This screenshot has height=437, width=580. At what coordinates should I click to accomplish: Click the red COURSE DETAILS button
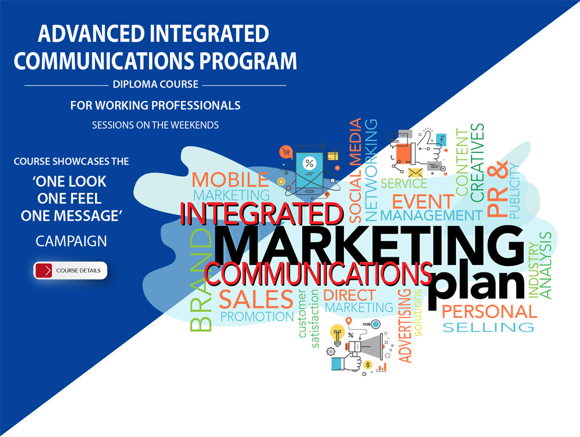tap(71, 271)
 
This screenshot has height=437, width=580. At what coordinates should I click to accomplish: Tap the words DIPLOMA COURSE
tap(155, 85)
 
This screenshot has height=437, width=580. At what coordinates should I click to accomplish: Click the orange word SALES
tap(256, 299)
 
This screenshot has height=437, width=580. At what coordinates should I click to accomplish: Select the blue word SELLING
tap(488, 328)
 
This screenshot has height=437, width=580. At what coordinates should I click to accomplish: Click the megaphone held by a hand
tap(364, 348)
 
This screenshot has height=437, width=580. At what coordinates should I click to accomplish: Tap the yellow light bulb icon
tap(337, 335)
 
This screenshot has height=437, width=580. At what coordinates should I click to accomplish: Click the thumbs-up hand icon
tap(430, 145)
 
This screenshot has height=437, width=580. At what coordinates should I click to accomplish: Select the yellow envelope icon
tap(415, 173)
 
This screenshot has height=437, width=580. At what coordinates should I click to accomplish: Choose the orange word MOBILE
tap(230, 180)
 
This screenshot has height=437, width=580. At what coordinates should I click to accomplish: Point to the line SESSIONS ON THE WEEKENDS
tap(155, 125)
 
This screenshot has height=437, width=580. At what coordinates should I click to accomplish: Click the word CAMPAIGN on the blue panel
tap(71, 240)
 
